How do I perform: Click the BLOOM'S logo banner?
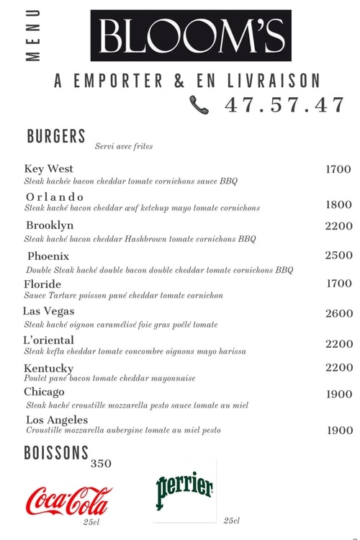(x=190, y=35)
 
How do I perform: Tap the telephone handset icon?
(x=199, y=105)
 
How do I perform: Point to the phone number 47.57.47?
(x=285, y=104)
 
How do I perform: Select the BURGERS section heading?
(x=56, y=136)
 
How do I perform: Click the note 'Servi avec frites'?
(x=124, y=146)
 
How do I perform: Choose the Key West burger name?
(x=49, y=168)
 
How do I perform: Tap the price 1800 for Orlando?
(x=338, y=204)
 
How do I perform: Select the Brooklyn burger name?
(x=50, y=225)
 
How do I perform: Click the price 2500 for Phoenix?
(x=338, y=255)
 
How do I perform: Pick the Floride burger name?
(x=42, y=284)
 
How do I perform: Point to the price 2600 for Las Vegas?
(x=338, y=313)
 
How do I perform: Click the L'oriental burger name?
(x=49, y=340)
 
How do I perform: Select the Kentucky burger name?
(x=48, y=368)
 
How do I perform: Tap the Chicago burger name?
(x=44, y=392)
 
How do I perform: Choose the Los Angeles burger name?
(x=57, y=420)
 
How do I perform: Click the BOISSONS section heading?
(x=56, y=453)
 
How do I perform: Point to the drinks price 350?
(x=101, y=464)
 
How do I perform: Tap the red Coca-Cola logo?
(x=69, y=500)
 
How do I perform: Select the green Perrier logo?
(x=184, y=488)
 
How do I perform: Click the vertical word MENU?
(x=33, y=36)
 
